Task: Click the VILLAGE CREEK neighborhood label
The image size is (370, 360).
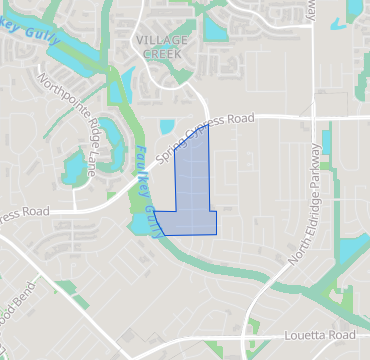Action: coord(161,46)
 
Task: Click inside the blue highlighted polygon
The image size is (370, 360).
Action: coord(194,190)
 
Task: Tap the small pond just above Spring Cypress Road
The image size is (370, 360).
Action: coord(167,128)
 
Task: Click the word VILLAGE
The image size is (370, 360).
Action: coord(161,39)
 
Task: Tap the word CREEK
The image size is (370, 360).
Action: coord(161,53)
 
